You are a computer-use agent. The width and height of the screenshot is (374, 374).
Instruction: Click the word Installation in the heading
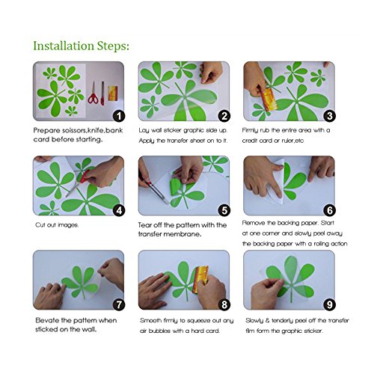64,46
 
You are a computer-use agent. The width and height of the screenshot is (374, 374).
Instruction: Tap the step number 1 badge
119,116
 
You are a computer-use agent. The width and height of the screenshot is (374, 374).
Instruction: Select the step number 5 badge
224,210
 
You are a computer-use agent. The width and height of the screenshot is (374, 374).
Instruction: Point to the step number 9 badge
330,304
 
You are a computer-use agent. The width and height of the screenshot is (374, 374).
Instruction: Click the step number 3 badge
330,116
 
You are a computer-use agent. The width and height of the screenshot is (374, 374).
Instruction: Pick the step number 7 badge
119,304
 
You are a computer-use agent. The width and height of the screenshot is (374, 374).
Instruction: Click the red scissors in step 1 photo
93,93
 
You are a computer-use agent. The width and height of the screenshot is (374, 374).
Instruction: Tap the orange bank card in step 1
113,93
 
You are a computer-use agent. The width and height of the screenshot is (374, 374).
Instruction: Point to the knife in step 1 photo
102,93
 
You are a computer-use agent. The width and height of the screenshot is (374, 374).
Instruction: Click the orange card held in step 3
269,99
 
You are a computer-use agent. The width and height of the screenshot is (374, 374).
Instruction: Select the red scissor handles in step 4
85,177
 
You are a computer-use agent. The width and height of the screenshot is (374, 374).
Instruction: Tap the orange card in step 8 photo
201,279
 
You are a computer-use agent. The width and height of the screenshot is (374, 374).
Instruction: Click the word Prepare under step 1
48,130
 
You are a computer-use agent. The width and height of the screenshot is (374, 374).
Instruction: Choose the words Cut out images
57,225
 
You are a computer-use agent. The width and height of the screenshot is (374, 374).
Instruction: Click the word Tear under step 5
144,225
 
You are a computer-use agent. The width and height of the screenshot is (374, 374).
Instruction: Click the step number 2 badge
224,116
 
